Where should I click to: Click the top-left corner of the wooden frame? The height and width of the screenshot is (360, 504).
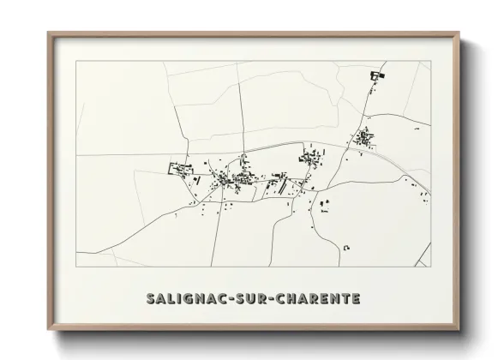coord(48,33)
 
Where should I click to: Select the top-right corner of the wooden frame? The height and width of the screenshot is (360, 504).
coord(460,33)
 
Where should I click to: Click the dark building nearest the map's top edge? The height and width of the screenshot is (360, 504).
coord(375,77)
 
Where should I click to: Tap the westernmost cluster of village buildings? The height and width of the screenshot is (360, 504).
coord(181,167)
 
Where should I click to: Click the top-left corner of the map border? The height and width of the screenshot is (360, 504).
coord(76,62)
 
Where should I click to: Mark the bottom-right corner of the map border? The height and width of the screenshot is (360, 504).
coord(431,267)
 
